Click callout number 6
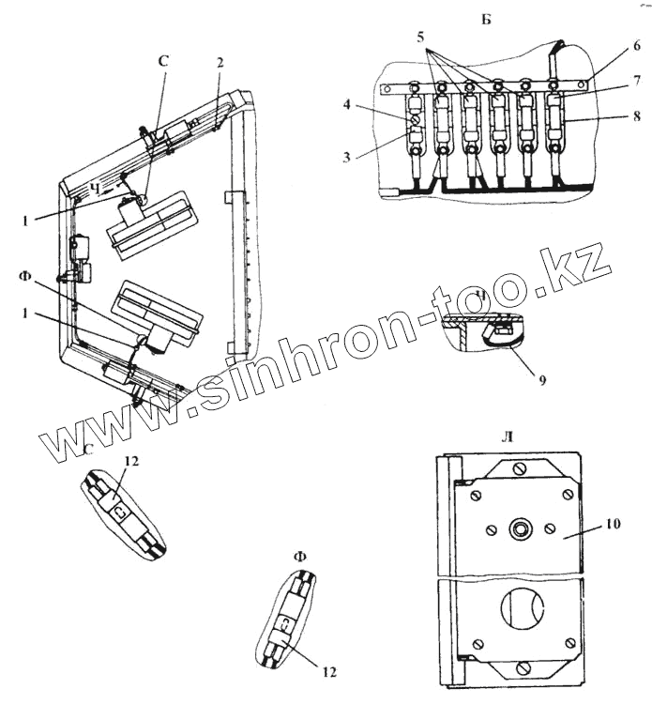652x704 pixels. point(636,45)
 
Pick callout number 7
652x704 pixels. point(636,84)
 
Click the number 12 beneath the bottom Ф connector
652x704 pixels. point(327,672)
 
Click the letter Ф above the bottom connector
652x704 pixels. point(300,557)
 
